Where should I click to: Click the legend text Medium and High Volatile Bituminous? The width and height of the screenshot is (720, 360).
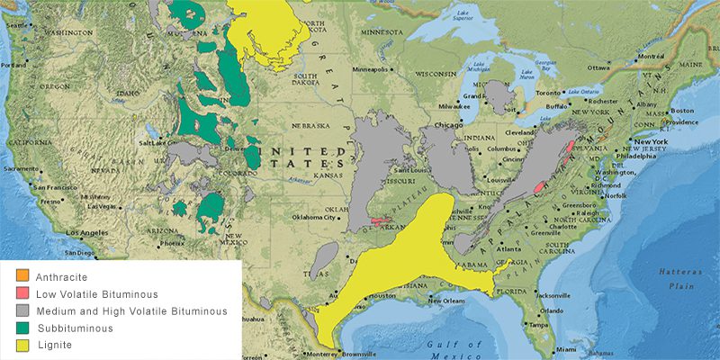pyautogui.click(x=130, y=311)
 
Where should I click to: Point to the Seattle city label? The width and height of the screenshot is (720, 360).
pyautogui.click(x=17, y=25)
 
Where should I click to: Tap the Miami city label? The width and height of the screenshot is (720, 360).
pyautogui.click(x=564, y=349)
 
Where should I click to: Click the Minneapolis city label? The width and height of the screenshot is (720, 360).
pyautogui.click(x=371, y=69)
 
